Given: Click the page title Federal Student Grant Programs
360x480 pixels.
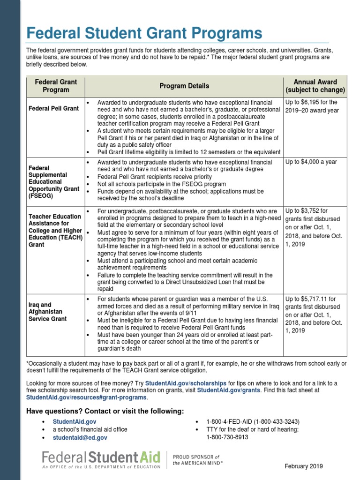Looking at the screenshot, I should point(144,33).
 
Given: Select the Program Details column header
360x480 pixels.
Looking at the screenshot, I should point(184,86).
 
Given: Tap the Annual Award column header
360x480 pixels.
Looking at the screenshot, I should point(315,86).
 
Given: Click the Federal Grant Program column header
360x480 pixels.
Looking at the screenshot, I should point(56,86).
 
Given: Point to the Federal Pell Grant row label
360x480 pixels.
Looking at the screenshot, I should point(53,108).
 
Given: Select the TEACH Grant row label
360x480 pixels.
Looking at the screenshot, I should point(55,231).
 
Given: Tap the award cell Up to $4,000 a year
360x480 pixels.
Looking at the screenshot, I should point(311,162).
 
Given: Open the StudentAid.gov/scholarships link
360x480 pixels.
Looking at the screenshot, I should point(186,383).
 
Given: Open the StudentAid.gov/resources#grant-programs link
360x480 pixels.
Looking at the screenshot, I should point(87,397).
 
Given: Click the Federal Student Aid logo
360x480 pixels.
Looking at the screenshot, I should point(101,459).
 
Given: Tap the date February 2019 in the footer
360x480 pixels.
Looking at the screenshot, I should point(304,466).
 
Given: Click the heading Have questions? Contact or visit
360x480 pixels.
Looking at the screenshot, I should point(105,411).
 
